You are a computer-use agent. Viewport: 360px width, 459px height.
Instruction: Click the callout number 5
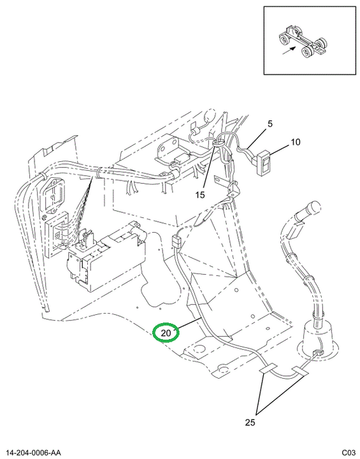270,124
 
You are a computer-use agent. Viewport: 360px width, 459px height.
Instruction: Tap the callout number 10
295,142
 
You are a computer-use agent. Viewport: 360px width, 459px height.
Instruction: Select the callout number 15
200,194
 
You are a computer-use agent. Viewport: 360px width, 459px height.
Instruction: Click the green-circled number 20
166,333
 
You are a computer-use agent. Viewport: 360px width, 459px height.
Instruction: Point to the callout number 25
250,422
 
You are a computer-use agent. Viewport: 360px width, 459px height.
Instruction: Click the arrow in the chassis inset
288,50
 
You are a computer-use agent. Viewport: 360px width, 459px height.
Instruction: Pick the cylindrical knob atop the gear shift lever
310,208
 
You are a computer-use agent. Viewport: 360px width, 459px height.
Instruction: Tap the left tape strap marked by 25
268,368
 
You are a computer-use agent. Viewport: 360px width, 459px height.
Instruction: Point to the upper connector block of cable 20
176,242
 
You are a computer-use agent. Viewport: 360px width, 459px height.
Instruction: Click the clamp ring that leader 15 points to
218,143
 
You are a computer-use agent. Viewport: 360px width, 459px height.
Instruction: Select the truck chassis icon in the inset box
302,43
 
